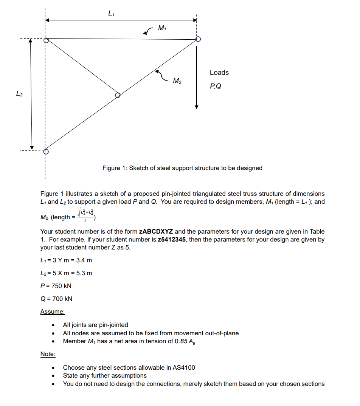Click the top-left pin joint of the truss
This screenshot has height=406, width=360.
click(x=46, y=40)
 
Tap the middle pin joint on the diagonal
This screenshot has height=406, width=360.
click(x=118, y=95)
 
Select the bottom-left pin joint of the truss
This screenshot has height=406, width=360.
click(x=46, y=152)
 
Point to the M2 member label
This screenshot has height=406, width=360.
click(x=177, y=81)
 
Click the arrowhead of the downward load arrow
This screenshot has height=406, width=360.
click(x=196, y=106)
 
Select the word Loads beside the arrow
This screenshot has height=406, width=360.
click(x=219, y=72)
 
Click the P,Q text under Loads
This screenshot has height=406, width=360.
click(x=216, y=86)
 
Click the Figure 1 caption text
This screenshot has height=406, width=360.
click(x=182, y=168)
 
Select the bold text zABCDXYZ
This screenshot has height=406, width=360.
click(x=156, y=231)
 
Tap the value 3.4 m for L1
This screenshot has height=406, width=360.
click(x=84, y=260)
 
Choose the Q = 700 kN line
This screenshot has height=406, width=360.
click(x=56, y=299)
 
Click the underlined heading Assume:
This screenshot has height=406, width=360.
click(x=53, y=312)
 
